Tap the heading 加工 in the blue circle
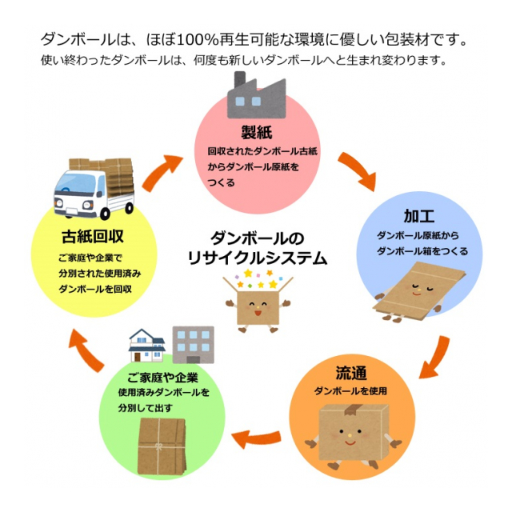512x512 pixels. [x=419, y=216]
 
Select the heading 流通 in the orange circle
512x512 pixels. [x=351, y=373]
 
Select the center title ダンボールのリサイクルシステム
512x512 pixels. [x=256, y=248]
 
